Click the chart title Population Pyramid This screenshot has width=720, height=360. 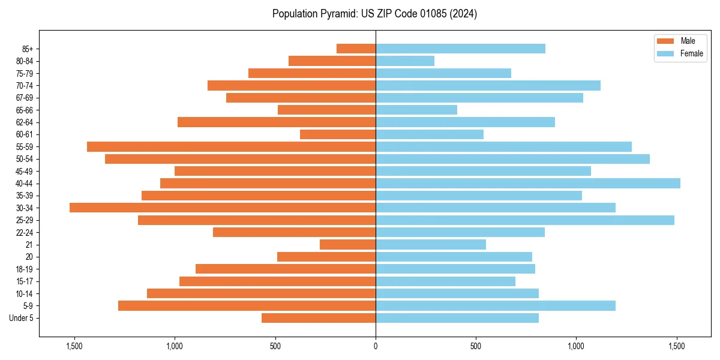coord(374,14)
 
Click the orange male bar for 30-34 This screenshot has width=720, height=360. coord(223,208)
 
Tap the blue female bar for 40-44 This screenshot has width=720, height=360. coord(527,183)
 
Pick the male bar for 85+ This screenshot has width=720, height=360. coord(356,49)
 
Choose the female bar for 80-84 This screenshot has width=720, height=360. coord(404,61)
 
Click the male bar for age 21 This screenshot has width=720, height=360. coord(347,244)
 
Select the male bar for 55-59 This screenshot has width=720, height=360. coord(231,146)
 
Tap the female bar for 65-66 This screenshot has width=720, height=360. coord(416,110)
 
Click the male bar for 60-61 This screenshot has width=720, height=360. coord(338,134)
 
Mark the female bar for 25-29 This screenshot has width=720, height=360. coord(524,220)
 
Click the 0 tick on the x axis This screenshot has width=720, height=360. coord(376,346)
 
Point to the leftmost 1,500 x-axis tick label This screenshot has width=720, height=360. coord(74,346)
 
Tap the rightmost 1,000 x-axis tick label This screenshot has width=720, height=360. coord(576,346)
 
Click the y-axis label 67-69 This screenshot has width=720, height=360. coord(25,98)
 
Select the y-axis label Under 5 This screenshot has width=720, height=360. coord(22,318)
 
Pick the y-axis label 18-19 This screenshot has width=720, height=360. coord(25,269)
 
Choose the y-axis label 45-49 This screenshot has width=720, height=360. coord(25,171)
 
